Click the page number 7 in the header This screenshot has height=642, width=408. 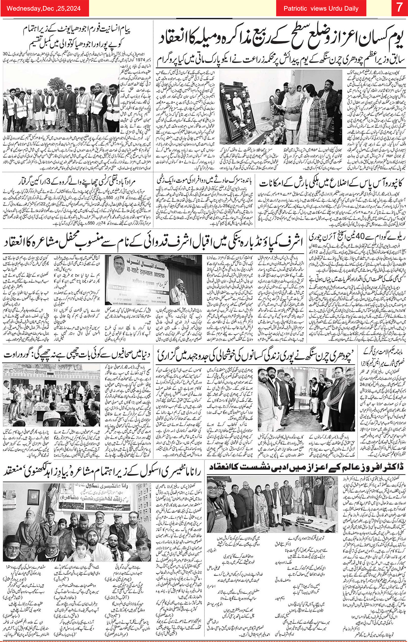399,8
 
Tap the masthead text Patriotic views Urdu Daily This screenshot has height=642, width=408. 321,8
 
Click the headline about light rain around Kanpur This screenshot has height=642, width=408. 332,184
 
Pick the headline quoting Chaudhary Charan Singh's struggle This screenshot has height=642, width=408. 256,355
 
